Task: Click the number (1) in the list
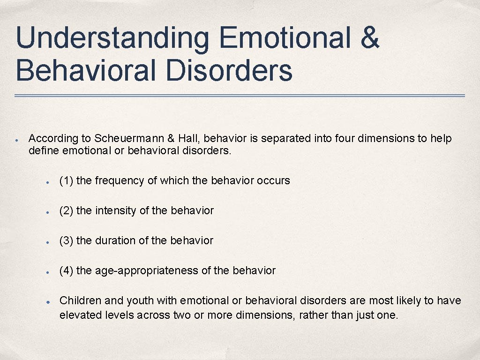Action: click(x=66, y=181)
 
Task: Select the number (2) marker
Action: click(x=66, y=211)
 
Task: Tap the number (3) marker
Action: click(x=66, y=241)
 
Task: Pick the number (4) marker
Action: click(x=66, y=271)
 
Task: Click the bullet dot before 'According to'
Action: click(x=16, y=140)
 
